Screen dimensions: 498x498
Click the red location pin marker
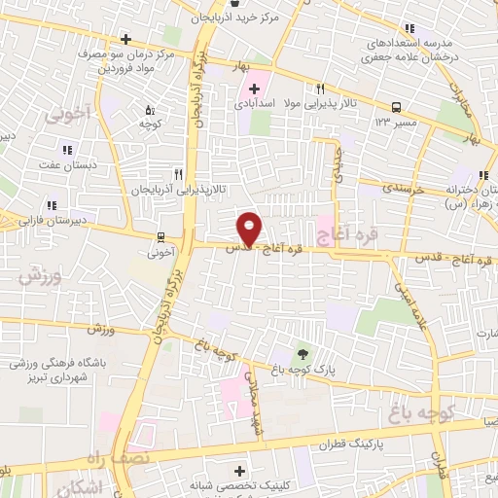250,228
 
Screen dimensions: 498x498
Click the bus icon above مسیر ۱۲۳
396,107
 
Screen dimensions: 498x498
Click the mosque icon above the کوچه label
148,110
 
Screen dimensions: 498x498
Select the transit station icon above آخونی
160,235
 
